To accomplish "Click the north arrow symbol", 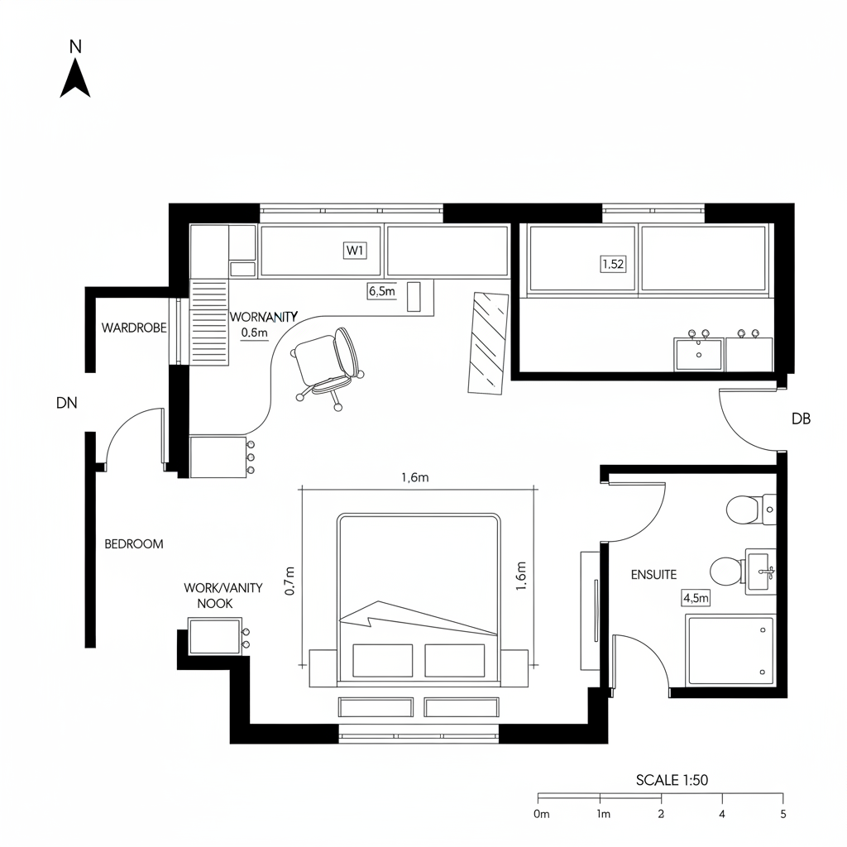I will (74, 79).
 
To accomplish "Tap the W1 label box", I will (354, 251).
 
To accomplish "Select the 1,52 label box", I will (612, 265).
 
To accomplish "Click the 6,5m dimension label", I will (381, 291).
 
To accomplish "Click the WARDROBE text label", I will (134, 328).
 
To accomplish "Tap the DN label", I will (66, 404).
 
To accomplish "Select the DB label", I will (801, 419).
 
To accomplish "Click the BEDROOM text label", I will (134, 544).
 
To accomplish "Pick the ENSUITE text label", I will (653, 574).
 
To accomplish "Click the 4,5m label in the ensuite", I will (696, 598).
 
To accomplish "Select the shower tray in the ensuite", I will (730, 650).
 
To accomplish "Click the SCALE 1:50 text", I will (672, 779).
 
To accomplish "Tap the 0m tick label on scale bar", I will (542, 814).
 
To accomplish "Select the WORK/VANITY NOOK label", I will (223, 596).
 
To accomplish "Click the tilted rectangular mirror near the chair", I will (488, 342).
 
